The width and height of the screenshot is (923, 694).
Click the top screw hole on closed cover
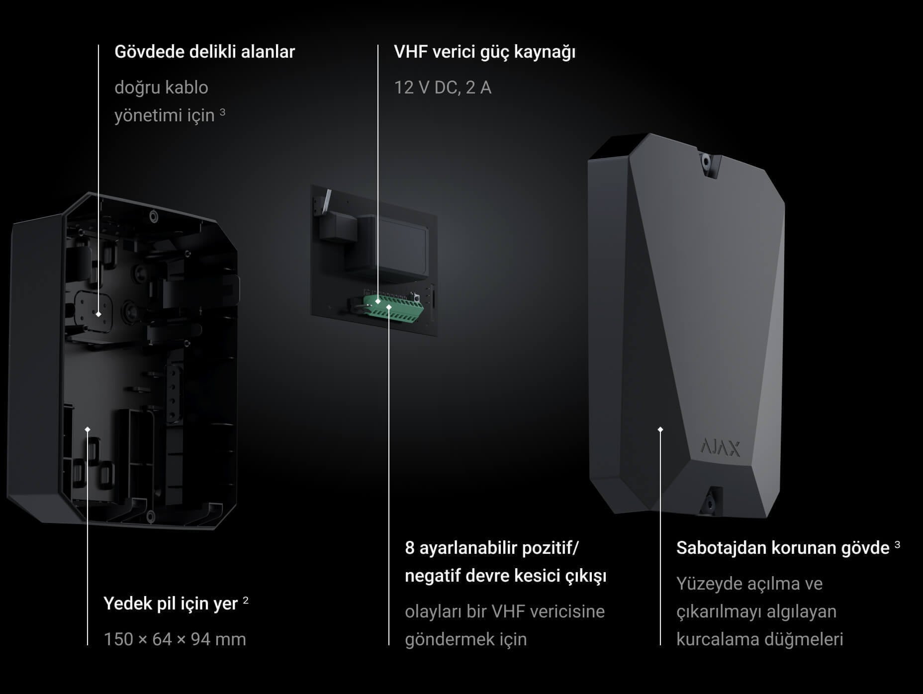point(706,161)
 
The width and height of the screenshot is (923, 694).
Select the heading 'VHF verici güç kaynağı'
point(484,52)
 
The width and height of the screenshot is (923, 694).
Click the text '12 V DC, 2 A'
point(443,87)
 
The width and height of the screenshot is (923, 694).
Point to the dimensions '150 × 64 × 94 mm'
point(175,639)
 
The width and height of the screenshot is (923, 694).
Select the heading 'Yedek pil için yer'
point(171,604)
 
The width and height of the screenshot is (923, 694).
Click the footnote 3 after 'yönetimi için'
point(222,112)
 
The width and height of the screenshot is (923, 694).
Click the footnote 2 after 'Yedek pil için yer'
point(246,601)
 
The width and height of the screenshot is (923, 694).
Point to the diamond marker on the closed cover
point(660,430)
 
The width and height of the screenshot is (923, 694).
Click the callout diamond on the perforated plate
point(98,314)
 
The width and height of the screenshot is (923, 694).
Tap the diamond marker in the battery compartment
point(88,430)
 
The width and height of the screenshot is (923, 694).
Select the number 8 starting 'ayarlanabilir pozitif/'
point(409,548)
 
